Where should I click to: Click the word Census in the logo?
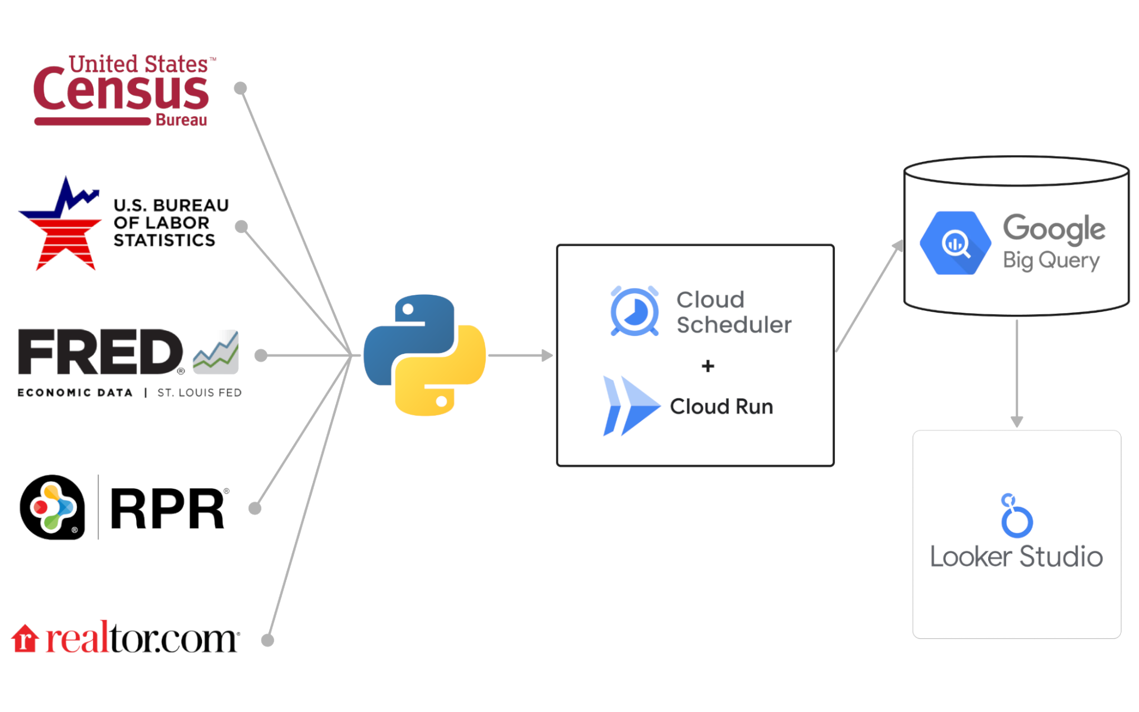121,91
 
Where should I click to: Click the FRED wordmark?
100,352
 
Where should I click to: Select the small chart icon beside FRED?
216,352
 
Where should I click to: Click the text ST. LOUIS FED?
199,393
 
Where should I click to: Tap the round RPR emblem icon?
52,507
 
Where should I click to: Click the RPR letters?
168,508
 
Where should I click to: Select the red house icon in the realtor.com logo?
25,639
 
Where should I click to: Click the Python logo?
424,355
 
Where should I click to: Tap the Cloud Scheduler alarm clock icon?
634,311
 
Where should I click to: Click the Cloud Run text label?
721,407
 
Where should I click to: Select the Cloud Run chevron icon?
630,406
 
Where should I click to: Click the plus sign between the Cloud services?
708,366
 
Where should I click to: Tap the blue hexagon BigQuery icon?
955,243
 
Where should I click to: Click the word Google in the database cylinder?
1053,228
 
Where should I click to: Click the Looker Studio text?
1016,557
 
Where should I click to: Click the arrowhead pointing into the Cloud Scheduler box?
547,355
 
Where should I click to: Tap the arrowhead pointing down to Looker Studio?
1017,421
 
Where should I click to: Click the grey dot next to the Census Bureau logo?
240,88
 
